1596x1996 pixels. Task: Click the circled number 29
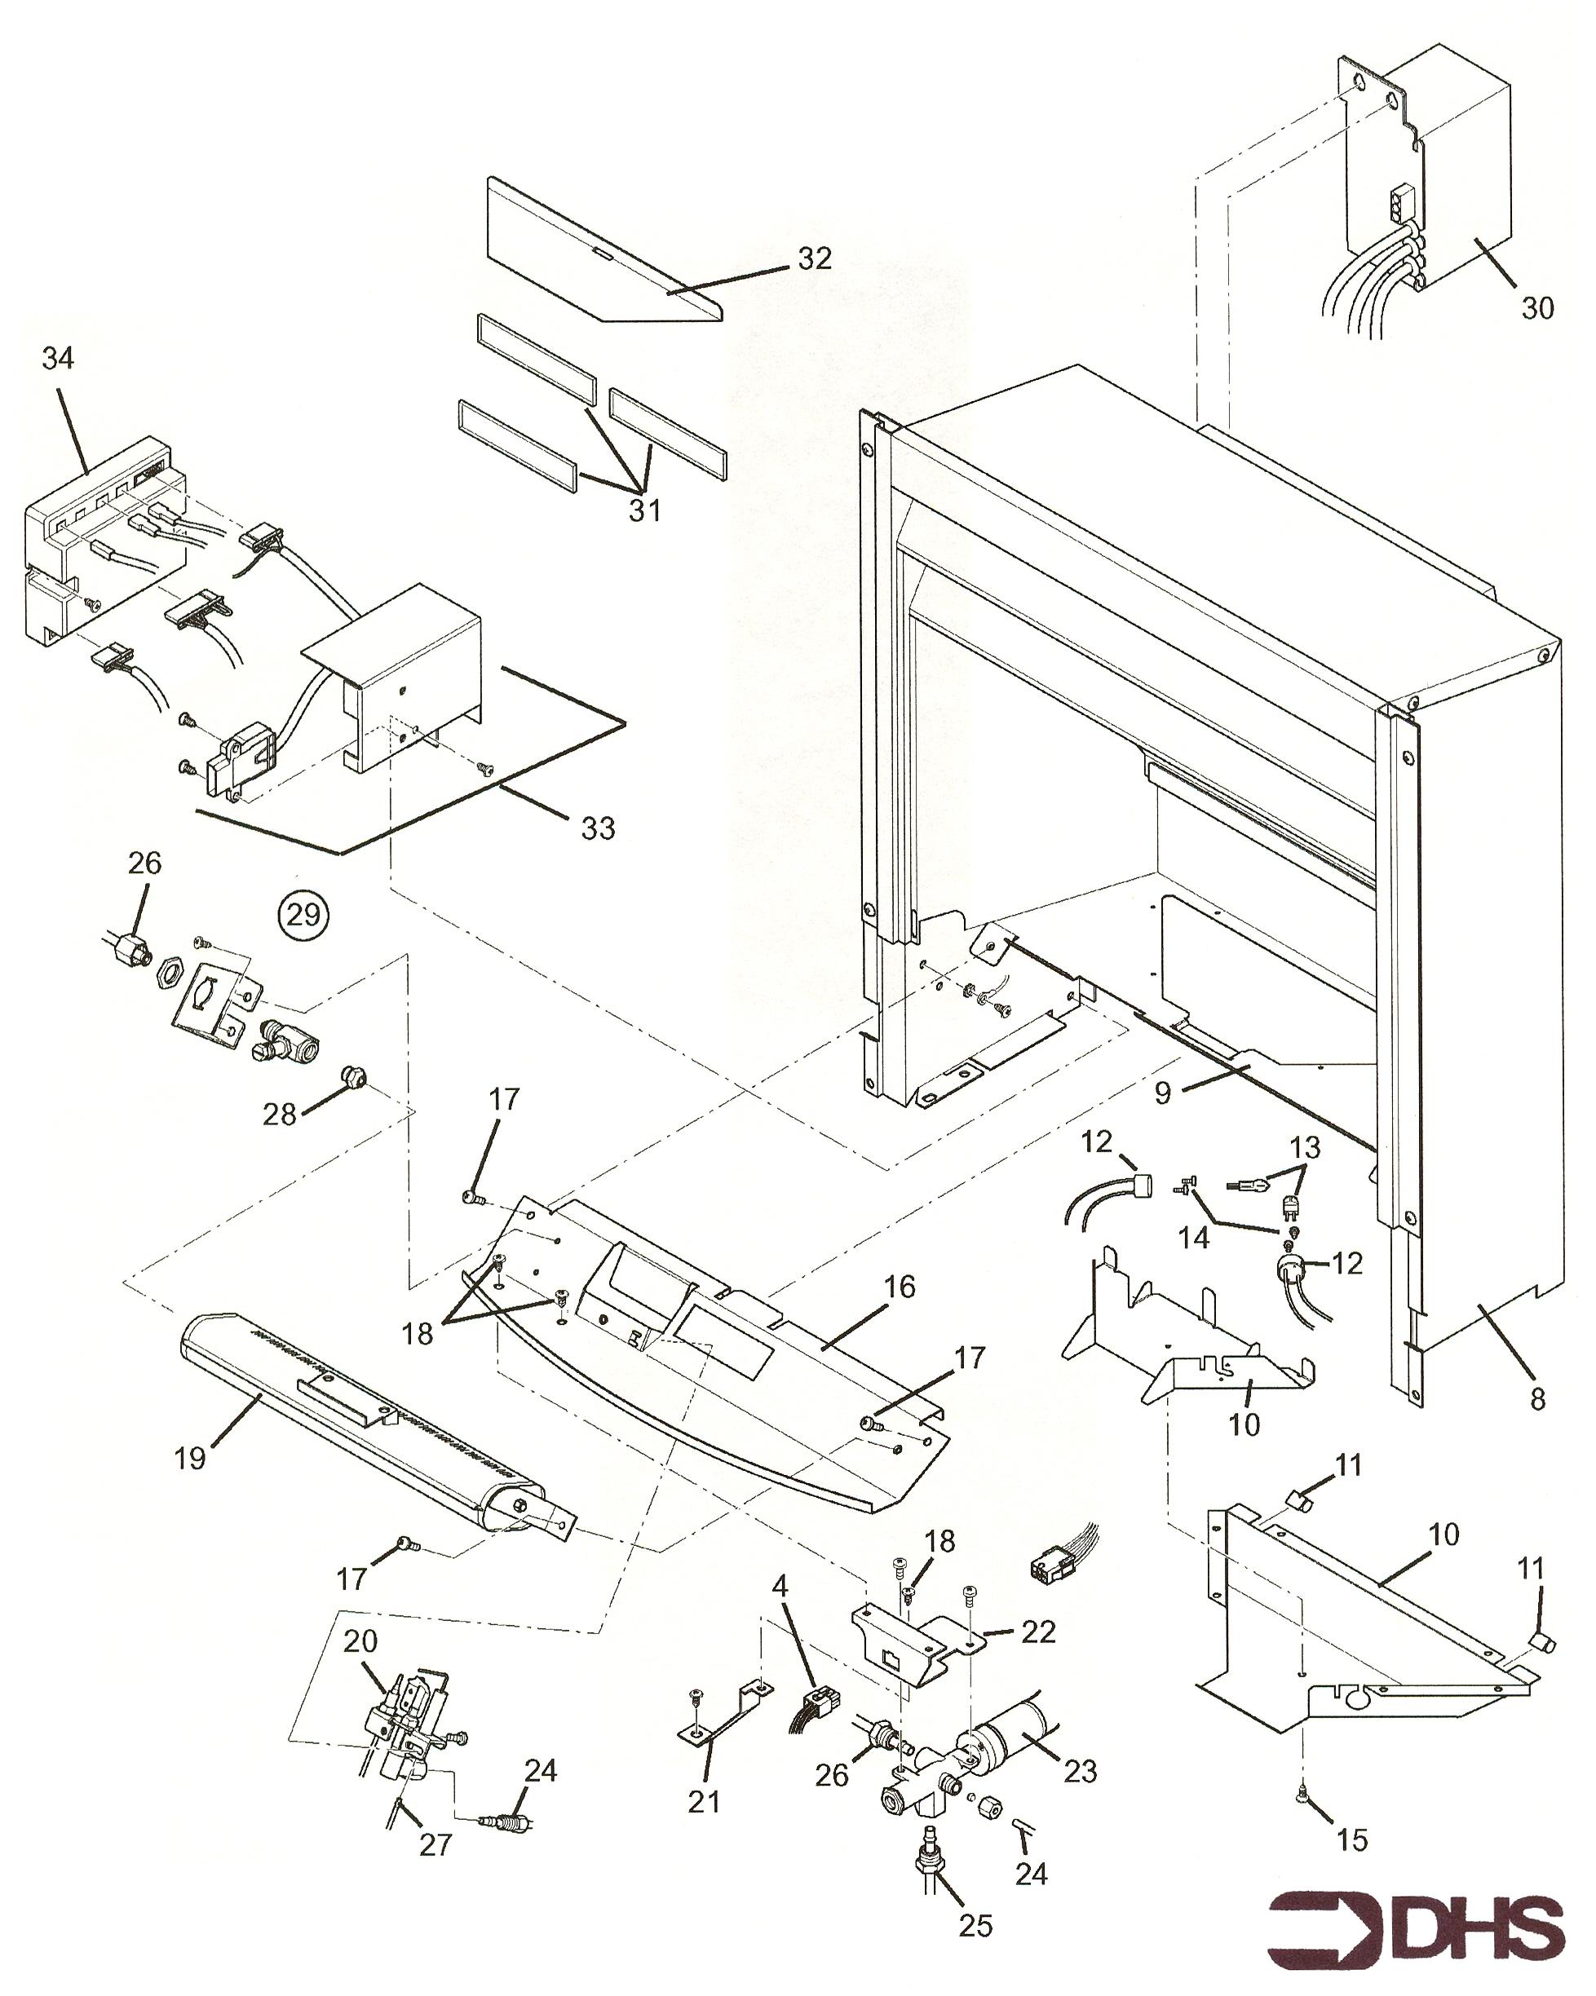pos(303,915)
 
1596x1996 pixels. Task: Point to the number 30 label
pos(1537,307)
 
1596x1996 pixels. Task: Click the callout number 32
pos(815,258)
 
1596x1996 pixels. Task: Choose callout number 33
pos(598,828)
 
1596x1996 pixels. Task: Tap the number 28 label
pos(280,1114)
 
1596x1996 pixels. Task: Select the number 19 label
pos(190,1458)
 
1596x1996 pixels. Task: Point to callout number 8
pos(1537,1398)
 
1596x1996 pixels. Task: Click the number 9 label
pos(1163,1093)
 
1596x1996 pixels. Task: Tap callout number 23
pos(1080,1771)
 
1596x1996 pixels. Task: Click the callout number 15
pos(1352,1839)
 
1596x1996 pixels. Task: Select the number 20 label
pos(360,1641)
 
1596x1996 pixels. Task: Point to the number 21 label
pos(704,1802)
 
